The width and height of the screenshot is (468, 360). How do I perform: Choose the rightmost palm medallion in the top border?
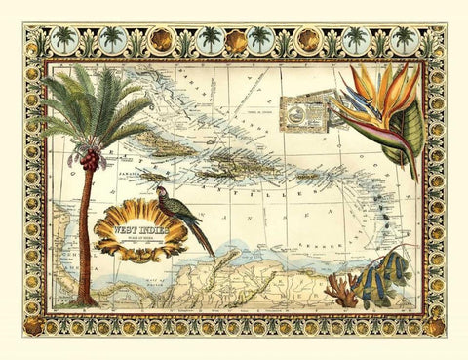point(403,40)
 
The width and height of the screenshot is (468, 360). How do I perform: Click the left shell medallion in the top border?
point(161,40)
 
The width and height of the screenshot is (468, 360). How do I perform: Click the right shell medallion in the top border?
point(308,40)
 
